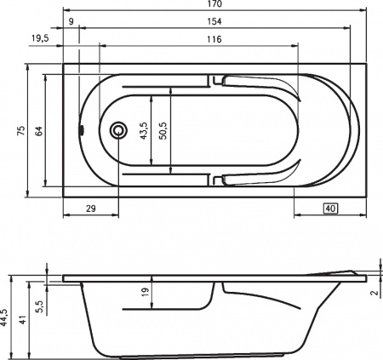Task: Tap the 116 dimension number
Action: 214,39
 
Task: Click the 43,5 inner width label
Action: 144,131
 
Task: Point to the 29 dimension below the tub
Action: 89,208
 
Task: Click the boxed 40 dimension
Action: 331,208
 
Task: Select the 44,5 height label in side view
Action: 6,317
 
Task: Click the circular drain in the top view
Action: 118,130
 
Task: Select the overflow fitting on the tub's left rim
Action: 82,130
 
